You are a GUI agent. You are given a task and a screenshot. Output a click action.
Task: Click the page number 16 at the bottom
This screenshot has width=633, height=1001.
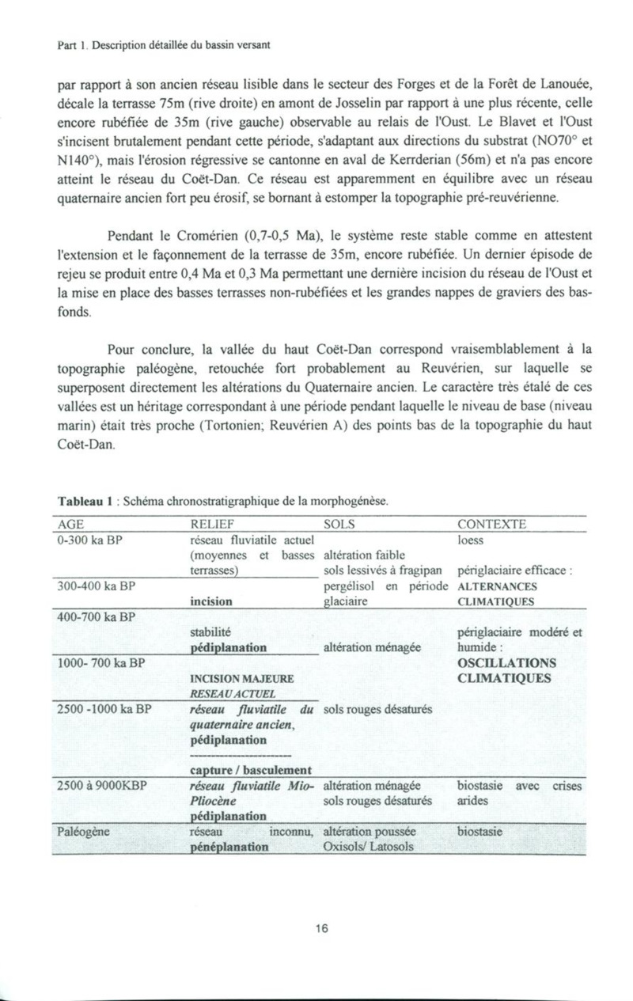[320, 929]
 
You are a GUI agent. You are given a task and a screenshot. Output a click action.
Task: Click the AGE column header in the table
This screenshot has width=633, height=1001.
[70, 525]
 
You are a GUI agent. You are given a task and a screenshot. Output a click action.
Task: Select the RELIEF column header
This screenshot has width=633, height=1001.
[212, 525]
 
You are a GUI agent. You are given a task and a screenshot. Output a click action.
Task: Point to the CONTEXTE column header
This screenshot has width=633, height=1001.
[491, 525]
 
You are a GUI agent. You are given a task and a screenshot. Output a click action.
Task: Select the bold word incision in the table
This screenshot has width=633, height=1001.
[211, 601]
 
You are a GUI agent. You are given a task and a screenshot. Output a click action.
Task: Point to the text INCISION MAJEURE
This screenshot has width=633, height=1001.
[242, 679]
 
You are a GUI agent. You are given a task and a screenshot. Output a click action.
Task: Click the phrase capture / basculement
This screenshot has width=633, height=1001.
[249, 770]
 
